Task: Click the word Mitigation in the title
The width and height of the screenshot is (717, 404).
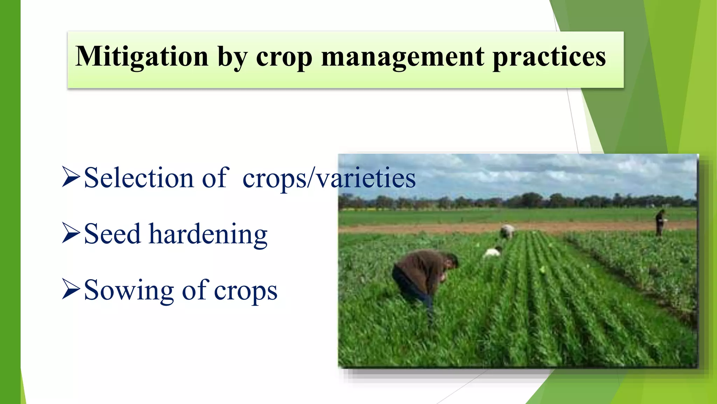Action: [x=142, y=57]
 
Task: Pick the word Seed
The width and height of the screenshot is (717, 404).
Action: [x=112, y=234]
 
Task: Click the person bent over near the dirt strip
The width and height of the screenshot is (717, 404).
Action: [x=507, y=231]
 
